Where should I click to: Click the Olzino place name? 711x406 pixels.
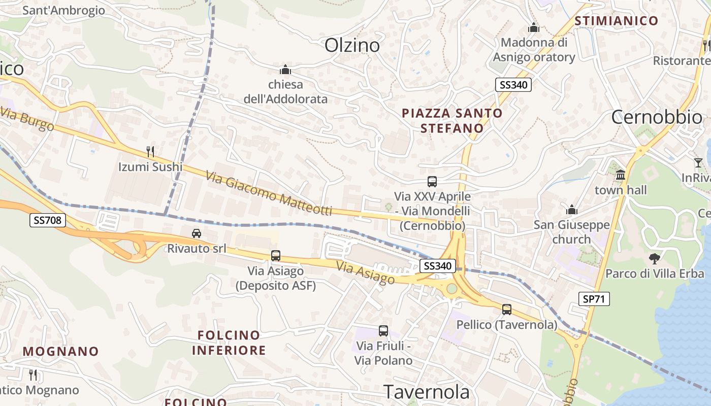click(352, 45)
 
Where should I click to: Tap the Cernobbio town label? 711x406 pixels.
click(657, 117)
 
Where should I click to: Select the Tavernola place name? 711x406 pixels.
click(427, 392)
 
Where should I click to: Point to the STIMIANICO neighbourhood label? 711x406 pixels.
click(616, 21)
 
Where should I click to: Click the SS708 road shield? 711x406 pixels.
click(48, 220)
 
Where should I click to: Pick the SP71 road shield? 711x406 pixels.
click(594, 299)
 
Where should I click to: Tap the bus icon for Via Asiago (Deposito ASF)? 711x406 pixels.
click(276, 256)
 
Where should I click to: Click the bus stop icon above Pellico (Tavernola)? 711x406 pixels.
click(506, 309)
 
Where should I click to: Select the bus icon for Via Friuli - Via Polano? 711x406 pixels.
click(383, 331)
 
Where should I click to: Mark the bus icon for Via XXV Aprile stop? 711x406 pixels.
click(432, 181)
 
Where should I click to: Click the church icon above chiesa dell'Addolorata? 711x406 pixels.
click(285, 70)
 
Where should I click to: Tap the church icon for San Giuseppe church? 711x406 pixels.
click(572, 210)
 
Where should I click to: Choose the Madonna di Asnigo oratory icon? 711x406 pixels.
click(533, 27)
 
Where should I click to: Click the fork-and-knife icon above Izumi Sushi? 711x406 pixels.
click(150, 151)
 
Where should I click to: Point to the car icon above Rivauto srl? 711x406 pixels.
click(197, 233)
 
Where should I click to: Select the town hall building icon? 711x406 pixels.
click(620, 175)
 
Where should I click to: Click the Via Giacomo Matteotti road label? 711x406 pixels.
click(269, 193)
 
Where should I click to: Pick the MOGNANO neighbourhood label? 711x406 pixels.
click(60, 351)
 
